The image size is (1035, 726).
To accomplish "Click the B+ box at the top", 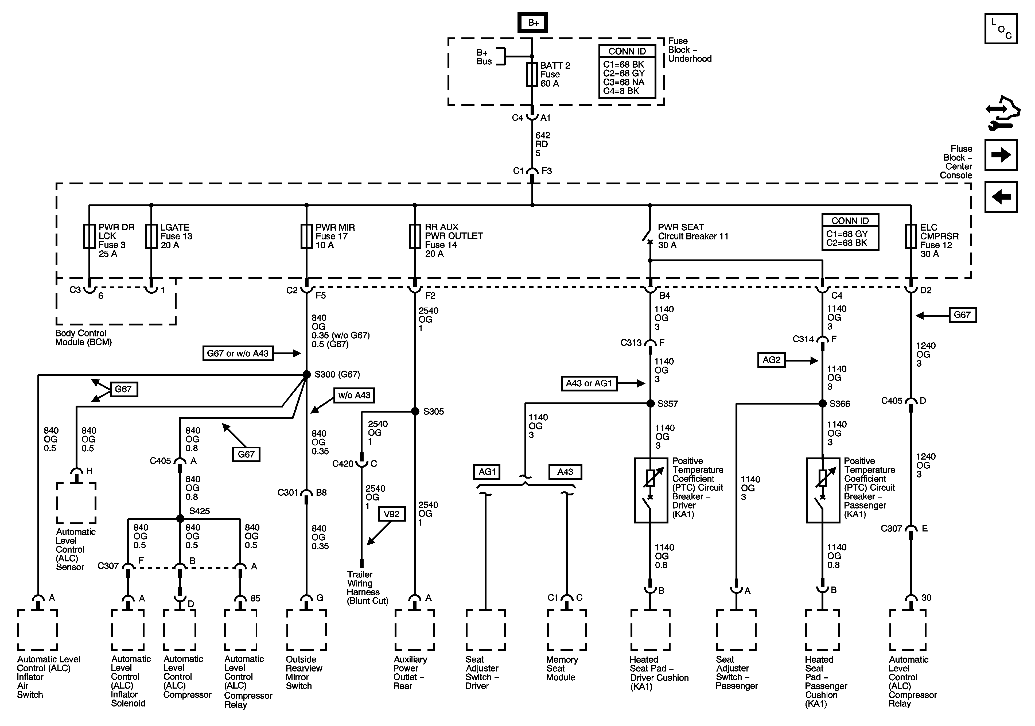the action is point(532,22).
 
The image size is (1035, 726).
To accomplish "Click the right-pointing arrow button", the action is point(1001,155).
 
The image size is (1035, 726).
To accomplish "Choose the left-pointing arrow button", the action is point(1001,197).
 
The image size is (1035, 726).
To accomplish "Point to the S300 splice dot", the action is point(306,374).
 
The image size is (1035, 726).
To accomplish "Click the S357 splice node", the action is point(651,403).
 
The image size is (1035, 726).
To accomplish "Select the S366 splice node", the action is point(822,403).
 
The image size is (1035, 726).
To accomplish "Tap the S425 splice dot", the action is point(180,519).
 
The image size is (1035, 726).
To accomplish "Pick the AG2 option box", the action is point(771,360).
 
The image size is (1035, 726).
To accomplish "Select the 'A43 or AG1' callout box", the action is point(589,383).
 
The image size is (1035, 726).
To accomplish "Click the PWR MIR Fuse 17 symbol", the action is point(306,236).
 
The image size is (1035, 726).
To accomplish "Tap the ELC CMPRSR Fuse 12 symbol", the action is point(911,236).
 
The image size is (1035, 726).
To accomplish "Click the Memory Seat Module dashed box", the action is point(567,630).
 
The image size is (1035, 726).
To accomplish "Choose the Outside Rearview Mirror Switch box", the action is point(306,630).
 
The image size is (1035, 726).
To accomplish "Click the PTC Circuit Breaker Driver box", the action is point(651,490).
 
